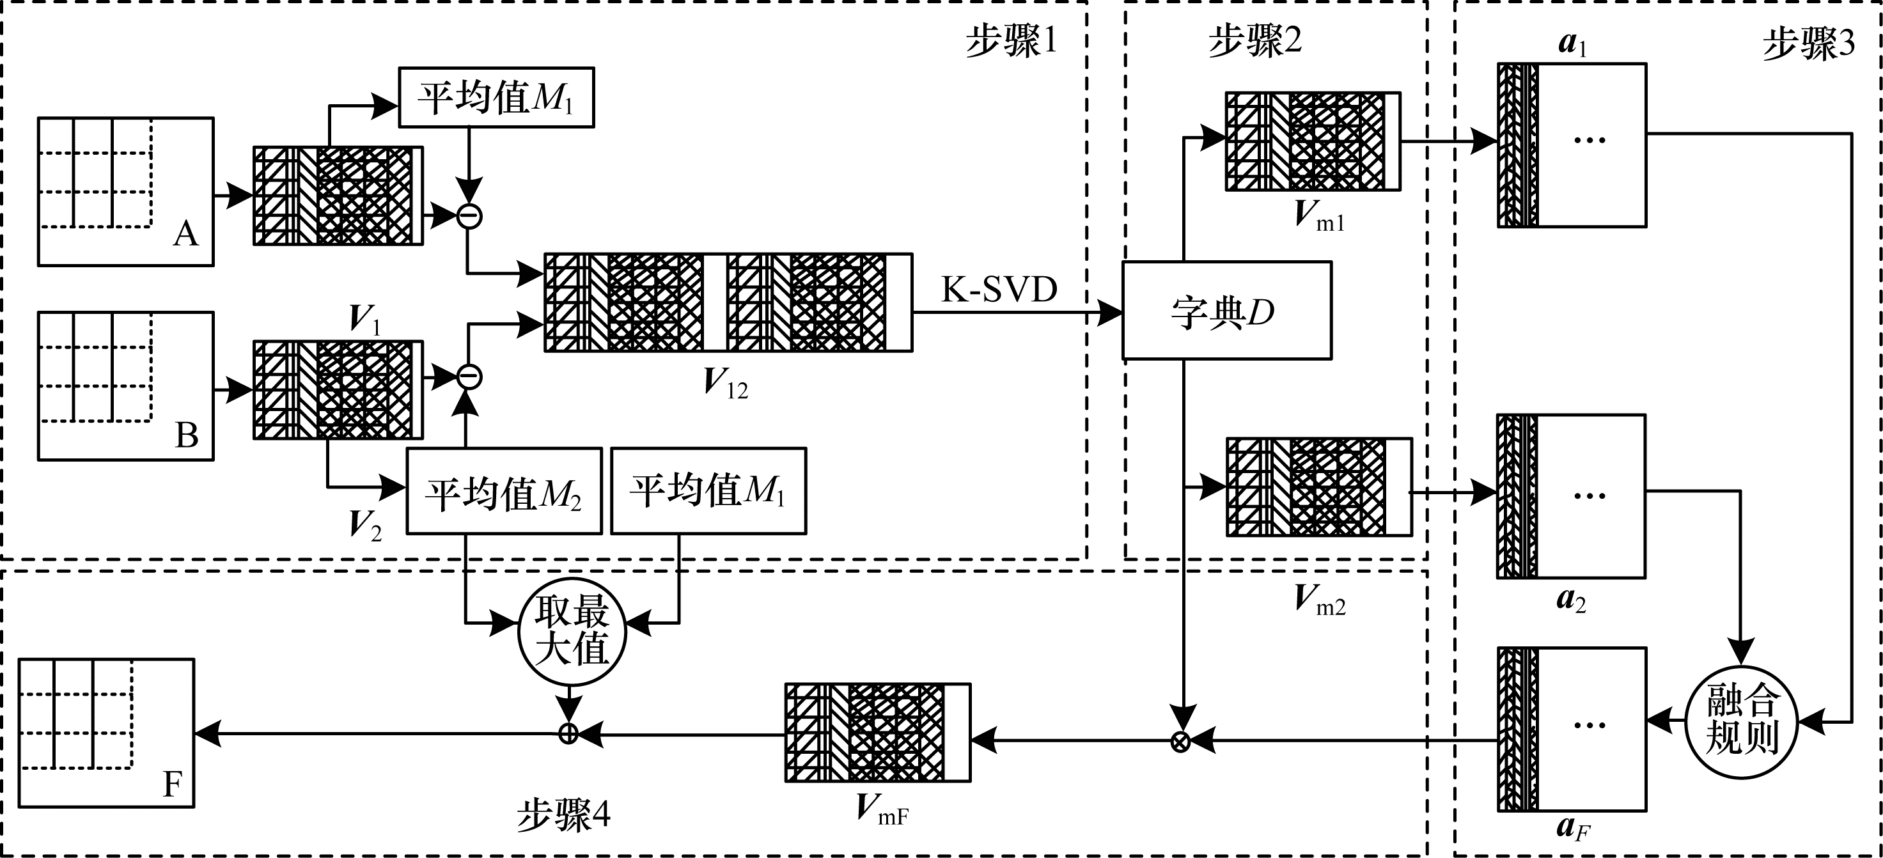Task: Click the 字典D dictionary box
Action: [1226, 311]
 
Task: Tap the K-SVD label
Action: [999, 290]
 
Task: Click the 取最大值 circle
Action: [572, 632]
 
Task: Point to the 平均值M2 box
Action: [504, 491]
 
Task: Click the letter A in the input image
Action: [185, 234]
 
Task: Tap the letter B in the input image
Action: [187, 435]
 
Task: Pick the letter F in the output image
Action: [172, 784]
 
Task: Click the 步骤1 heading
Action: [1011, 41]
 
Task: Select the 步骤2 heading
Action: [1254, 41]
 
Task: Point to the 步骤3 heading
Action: [1808, 44]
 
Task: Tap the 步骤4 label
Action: [563, 815]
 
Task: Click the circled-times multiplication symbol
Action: [1180, 742]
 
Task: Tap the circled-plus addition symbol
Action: [568, 733]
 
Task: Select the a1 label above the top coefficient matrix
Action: [1572, 44]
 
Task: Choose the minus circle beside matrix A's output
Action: [469, 215]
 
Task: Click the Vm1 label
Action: [1318, 215]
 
